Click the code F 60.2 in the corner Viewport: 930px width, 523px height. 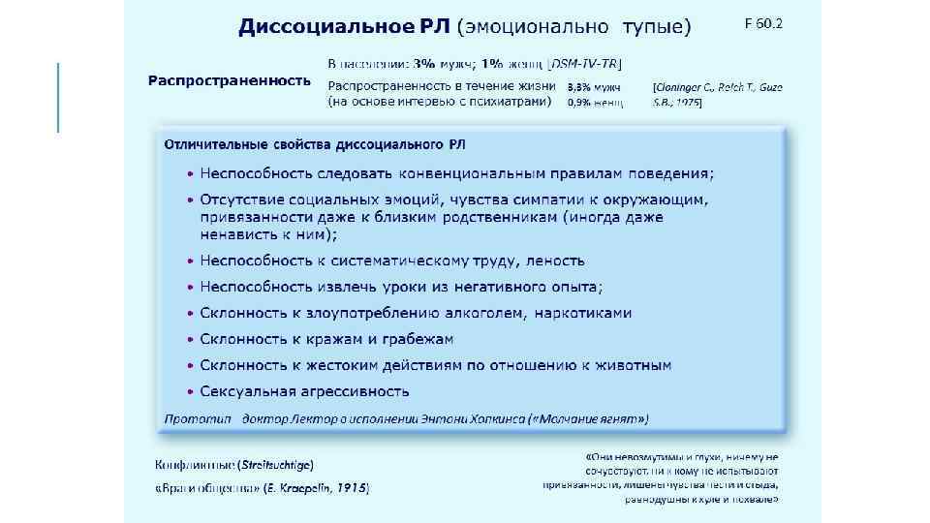tap(763, 23)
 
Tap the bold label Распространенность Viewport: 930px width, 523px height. tap(230, 79)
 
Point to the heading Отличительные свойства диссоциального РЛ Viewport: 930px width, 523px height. tap(315, 144)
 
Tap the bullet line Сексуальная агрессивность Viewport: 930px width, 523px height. tap(304, 391)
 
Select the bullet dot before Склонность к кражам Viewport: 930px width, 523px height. tap(191, 340)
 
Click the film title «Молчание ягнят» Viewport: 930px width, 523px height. tap(589, 418)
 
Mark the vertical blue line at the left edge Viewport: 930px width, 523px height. tap(59, 97)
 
